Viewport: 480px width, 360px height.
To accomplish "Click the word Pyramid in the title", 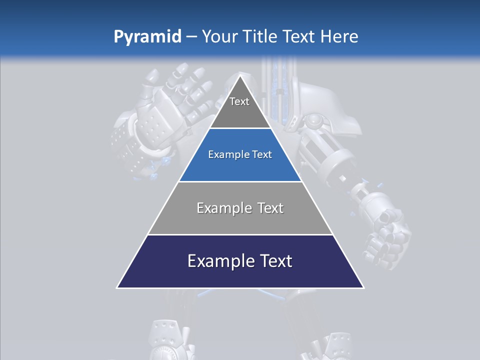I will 147,37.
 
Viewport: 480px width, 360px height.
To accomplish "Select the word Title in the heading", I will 262,37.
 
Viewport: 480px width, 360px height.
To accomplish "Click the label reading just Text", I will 239,101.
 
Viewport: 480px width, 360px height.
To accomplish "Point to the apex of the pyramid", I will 240,76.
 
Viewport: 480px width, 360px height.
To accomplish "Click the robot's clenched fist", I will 387,240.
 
